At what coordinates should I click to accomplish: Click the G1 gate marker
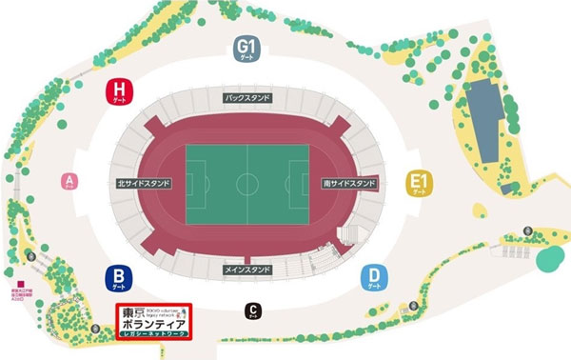[x=247, y=47]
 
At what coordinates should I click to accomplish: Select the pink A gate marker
[x=69, y=181]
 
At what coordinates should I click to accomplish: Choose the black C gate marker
[x=252, y=310]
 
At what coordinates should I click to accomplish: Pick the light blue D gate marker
[x=374, y=277]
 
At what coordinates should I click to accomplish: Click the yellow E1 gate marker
[x=416, y=182]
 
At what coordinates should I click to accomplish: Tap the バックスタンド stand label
[x=247, y=98]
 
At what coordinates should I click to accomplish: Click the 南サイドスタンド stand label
[x=348, y=183]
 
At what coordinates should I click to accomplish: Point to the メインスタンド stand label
[x=247, y=269]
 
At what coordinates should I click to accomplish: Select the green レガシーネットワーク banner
[x=153, y=335]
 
